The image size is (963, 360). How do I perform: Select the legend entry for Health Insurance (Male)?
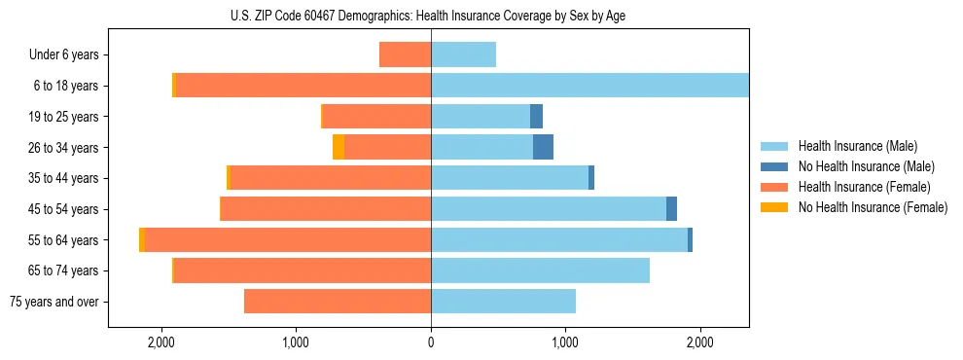coord(857,146)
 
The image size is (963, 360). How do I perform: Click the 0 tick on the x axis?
coord(431,342)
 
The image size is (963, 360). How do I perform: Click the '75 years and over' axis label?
coord(53,302)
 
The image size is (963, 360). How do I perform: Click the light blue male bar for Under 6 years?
coord(463,54)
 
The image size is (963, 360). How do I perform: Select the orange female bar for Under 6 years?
coord(405,54)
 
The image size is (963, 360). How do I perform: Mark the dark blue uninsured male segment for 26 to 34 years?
coord(543,147)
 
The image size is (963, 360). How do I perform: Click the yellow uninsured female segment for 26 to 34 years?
coord(339,147)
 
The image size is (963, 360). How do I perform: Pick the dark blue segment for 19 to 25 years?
coord(536,117)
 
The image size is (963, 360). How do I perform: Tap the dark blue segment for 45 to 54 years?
coord(671,209)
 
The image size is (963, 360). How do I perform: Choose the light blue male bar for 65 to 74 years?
coord(540,270)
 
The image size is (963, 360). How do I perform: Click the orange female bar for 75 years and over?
coord(337,302)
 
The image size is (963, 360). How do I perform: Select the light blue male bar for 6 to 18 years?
coord(589,86)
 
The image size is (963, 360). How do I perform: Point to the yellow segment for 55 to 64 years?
coord(142,240)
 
